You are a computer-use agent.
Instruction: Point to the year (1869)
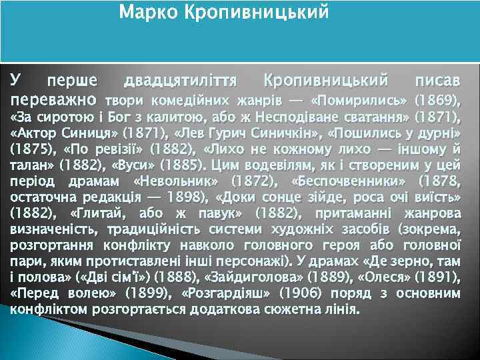[x=437, y=101]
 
